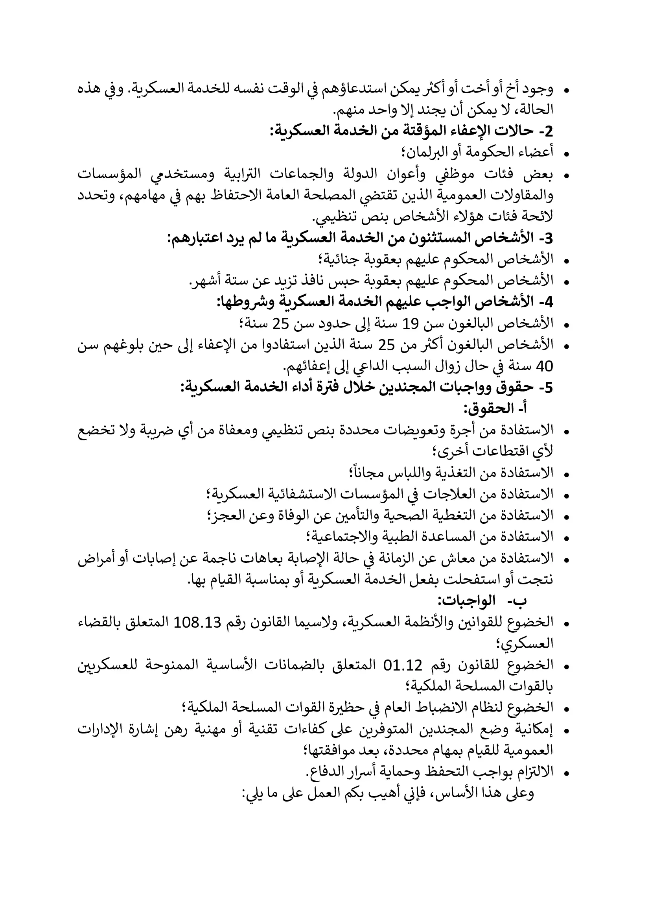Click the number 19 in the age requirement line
click(x=411, y=324)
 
